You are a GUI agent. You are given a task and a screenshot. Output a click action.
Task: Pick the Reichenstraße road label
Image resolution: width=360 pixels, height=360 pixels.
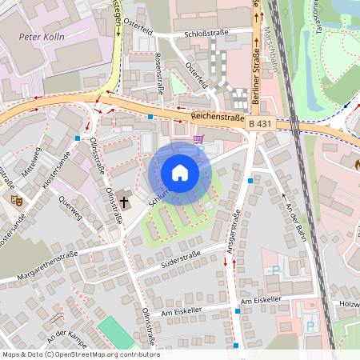pos(218,118)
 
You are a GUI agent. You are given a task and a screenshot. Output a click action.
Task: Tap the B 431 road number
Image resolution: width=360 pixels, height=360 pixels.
pos(260,124)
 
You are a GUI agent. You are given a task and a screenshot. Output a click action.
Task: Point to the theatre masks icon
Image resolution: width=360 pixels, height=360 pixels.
pos(14,199)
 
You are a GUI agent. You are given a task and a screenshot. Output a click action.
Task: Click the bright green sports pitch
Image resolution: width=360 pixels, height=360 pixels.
pos(117,333)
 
